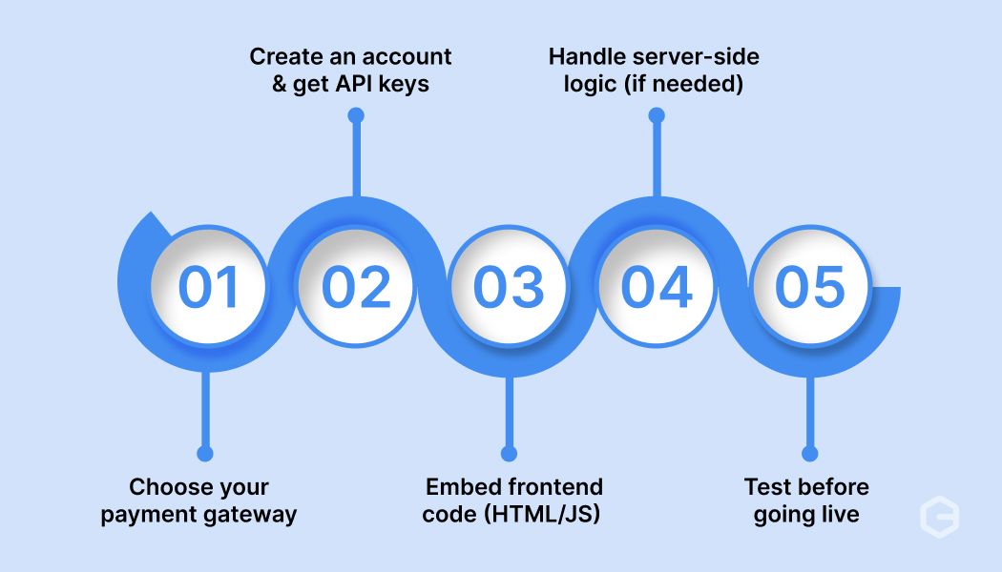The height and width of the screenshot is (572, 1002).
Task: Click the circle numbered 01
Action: [208, 286]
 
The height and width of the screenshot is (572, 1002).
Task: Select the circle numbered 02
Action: [356, 286]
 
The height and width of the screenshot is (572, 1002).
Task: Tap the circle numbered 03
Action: [509, 286]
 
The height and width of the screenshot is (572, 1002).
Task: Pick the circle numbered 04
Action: [657, 286]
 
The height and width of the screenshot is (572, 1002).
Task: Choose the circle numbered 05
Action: [809, 286]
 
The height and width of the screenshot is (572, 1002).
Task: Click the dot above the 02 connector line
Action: [356, 115]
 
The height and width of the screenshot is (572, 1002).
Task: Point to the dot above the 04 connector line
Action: [657, 115]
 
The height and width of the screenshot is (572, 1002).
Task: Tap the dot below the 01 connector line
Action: [205, 453]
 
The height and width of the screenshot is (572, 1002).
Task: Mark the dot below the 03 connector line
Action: [509, 453]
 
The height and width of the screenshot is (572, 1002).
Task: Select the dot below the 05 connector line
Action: [809, 453]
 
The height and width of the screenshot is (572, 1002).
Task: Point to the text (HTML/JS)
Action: [542, 515]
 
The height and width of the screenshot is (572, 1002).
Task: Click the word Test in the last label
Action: [765, 487]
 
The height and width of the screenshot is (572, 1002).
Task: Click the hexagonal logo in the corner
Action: [939, 517]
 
